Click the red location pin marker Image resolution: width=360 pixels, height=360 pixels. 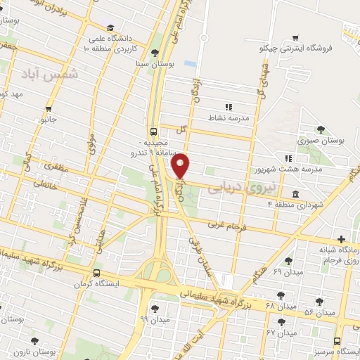coord(181,166)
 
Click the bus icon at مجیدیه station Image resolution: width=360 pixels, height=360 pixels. coord(154,131)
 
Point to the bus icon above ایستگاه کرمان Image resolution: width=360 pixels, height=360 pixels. coord(96,274)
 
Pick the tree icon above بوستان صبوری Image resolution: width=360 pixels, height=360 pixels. coord(321,129)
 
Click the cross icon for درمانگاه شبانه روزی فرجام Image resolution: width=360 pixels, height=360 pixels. coord(342,240)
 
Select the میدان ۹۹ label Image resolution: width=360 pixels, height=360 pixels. coord(154,319)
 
